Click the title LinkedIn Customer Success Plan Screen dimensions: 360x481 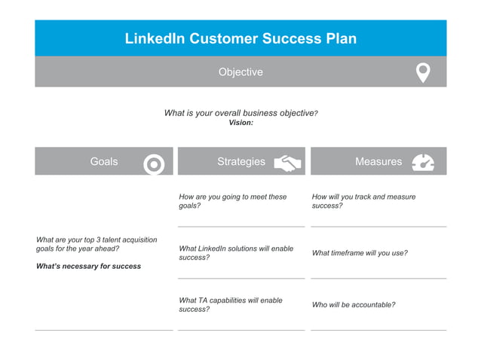click(240, 38)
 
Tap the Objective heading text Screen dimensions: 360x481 click(240, 72)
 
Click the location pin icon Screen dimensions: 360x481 click(423, 72)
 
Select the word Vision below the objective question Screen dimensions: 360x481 click(240, 123)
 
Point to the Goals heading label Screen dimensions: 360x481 click(104, 161)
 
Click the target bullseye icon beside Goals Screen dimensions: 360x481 click(154, 163)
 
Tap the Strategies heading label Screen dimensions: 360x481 click(241, 161)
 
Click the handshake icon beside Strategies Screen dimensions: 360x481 click(287, 163)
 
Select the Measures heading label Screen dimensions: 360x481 click(378, 161)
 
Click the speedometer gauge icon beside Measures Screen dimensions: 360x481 click(423, 162)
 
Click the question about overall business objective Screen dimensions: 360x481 click(240, 113)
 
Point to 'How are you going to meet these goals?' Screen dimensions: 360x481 click(233, 201)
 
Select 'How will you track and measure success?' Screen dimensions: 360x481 click(363, 201)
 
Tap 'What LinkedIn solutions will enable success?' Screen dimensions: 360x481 click(236, 253)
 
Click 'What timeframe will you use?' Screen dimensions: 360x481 click(360, 253)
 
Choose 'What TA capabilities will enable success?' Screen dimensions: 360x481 click(231, 304)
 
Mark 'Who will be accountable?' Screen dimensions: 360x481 click(354, 305)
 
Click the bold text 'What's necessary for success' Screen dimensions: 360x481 click(88, 266)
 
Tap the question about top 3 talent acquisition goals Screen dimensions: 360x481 click(97, 244)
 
